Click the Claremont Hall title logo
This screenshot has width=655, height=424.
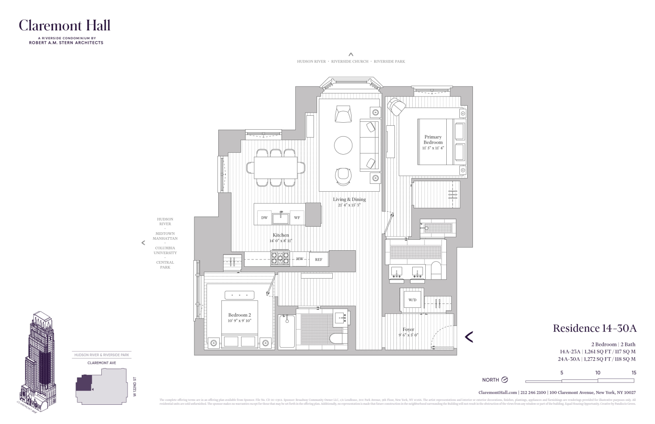tap(65, 26)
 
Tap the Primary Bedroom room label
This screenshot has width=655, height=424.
tap(433, 140)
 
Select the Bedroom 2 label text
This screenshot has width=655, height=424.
tap(239, 315)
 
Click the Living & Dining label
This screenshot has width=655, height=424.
tap(349, 200)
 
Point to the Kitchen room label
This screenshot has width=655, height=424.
tap(281, 235)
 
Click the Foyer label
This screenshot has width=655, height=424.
tap(408, 330)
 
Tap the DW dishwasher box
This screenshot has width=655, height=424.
tap(264, 217)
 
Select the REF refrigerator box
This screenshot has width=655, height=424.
tap(319, 259)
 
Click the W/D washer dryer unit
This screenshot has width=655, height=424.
tap(412, 300)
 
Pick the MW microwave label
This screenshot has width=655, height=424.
tap(300, 259)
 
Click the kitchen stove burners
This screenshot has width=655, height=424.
tap(280, 258)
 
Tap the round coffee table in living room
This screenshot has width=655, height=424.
tap(343, 145)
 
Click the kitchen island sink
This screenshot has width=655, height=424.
tap(281, 217)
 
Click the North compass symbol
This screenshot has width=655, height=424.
tap(505, 379)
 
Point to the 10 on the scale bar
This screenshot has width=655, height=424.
tap(597, 372)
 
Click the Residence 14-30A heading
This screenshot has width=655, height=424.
tap(594, 328)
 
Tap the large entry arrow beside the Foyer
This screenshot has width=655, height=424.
tap(469, 337)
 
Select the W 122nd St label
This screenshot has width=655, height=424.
tap(135, 386)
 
